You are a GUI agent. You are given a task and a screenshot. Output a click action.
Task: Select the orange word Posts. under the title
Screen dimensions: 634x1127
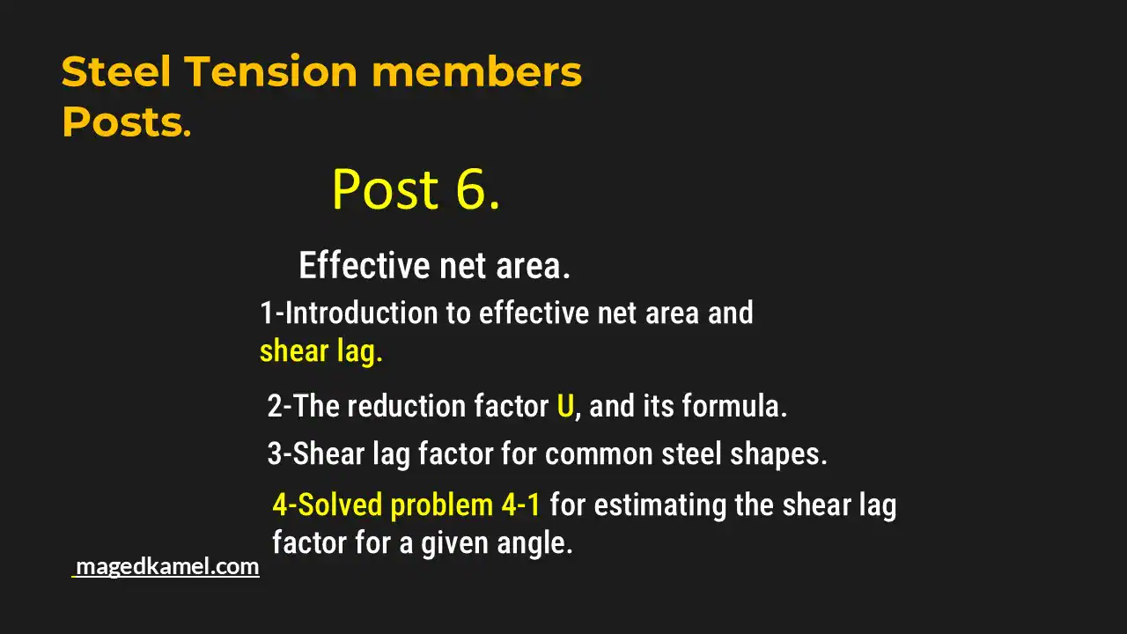pos(126,123)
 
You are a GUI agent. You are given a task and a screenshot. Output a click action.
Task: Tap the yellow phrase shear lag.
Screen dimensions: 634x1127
pos(320,351)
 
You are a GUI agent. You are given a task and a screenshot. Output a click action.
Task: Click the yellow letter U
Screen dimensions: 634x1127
pos(565,407)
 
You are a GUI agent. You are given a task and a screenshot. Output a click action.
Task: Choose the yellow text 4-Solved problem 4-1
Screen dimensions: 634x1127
pos(406,505)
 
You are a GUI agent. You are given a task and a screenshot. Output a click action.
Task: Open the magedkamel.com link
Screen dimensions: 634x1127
pos(167,566)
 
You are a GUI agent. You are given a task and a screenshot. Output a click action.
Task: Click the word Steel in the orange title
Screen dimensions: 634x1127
pos(116,72)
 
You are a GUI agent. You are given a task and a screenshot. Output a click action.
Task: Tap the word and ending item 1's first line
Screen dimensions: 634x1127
pos(730,313)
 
